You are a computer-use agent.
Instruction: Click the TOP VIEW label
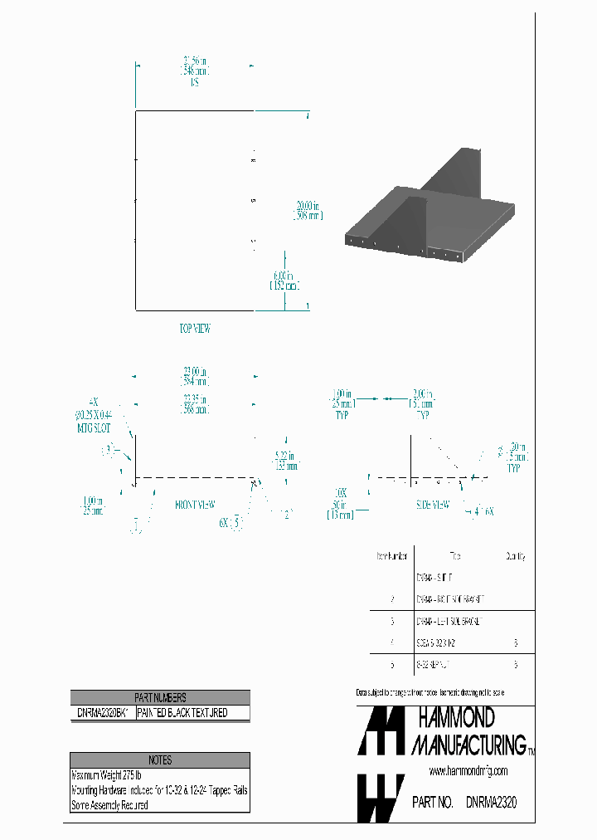pos(195,329)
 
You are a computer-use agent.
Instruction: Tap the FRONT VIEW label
pos(196,504)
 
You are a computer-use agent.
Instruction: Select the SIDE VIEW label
pos(433,504)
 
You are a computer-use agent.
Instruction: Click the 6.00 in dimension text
pos(284,280)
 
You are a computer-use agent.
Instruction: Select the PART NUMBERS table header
pos(160,698)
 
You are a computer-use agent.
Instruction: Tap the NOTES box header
pos(160,759)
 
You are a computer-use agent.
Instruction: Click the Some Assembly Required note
pos(110,805)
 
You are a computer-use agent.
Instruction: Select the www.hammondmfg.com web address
pos(469,773)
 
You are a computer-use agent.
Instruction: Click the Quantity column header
pos(516,557)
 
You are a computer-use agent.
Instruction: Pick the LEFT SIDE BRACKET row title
pos(448,621)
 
